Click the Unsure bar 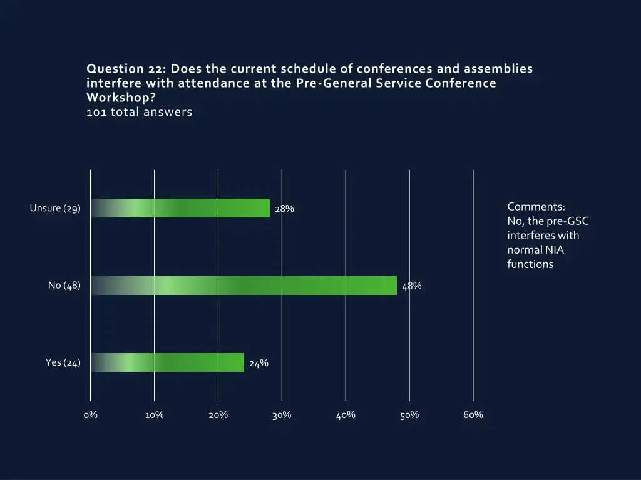(180, 208)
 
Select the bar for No (244, 286)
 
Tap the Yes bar (168, 362)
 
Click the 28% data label (284, 209)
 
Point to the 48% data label (412, 286)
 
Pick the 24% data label (259, 363)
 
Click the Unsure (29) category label (55, 208)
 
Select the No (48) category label (64, 286)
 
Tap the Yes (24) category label (63, 362)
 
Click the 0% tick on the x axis (90, 415)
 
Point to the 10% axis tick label (154, 415)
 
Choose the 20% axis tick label (218, 415)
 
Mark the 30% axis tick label (282, 415)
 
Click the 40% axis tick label (346, 415)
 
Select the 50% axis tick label (409, 415)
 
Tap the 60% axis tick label (473, 415)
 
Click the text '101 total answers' (139, 112)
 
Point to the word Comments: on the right (536, 207)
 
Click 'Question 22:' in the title (126, 69)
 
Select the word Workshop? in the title (121, 98)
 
